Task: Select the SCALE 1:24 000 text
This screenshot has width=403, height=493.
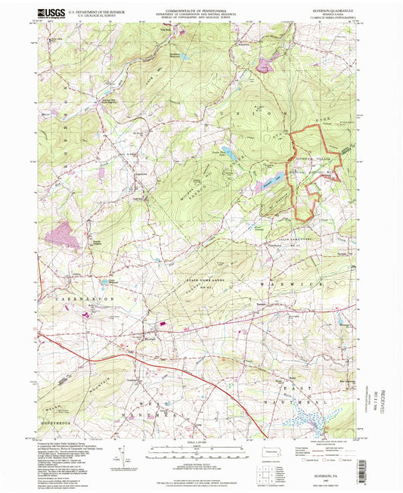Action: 201,442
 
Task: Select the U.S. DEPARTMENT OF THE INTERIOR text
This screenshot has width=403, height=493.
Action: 99,13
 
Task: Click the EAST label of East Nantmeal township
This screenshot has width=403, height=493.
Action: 302,378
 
